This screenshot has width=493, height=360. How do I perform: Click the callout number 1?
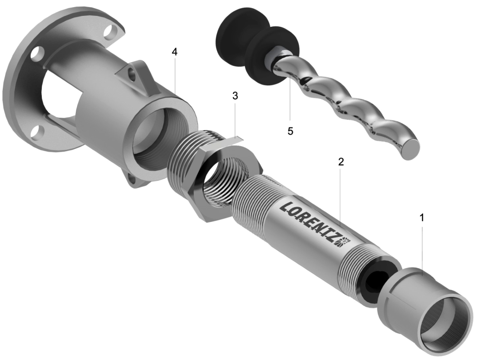click(422, 217)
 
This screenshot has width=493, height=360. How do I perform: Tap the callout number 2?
click(341, 162)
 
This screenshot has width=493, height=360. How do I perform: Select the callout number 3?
click(235, 96)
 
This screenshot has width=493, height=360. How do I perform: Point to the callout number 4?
click(174, 52)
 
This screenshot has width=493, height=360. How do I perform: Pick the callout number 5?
click(290, 131)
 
